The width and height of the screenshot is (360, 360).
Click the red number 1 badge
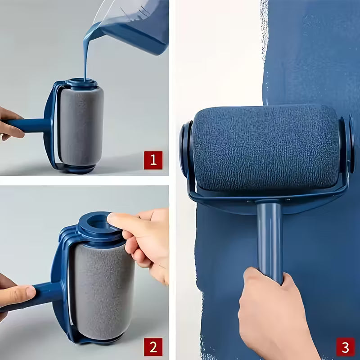coord(153,160)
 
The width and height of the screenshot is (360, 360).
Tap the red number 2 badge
coord(153,346)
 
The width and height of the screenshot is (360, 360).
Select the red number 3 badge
coord(345,346)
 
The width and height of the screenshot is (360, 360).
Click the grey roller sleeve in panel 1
coord(81,126)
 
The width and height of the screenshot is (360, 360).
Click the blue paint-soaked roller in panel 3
coord(265,148)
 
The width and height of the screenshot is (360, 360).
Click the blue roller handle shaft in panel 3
coord(270,238)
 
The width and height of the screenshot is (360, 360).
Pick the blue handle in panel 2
coord(45,292)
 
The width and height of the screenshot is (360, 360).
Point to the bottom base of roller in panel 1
coord(79,169)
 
